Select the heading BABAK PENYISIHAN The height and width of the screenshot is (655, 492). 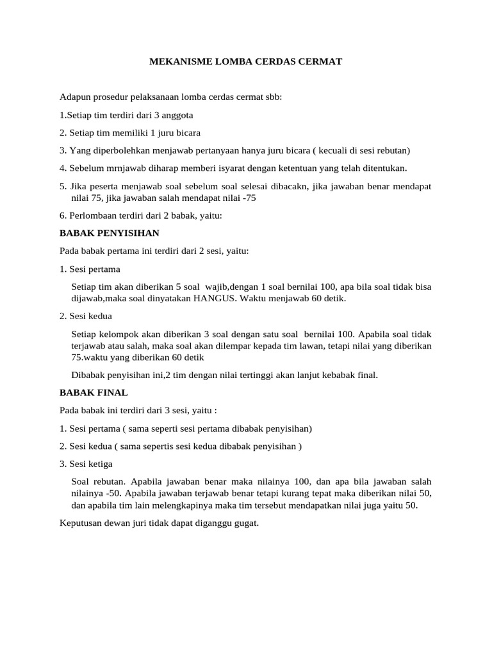click(109, 233)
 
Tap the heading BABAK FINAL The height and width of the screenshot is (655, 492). click(94, 392)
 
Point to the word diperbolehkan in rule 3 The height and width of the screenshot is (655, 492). click(113, 150)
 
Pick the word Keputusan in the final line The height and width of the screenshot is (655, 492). click(80, 523)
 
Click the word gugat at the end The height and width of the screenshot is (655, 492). click(245, 523)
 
